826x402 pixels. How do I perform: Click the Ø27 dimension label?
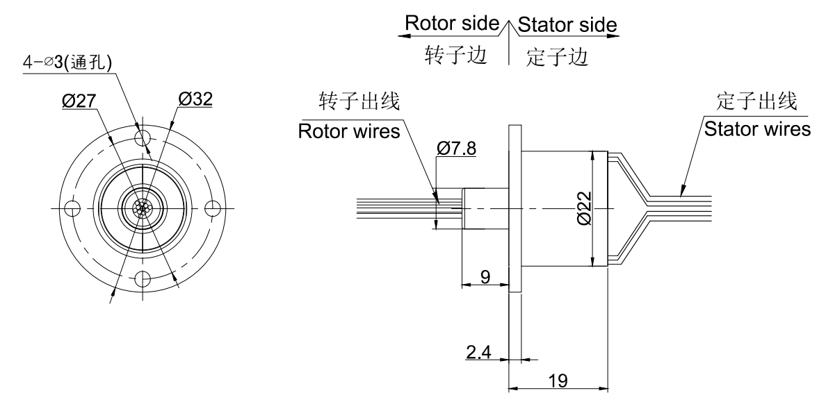79,101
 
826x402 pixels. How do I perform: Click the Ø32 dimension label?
195,99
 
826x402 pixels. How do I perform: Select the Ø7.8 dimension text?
456,149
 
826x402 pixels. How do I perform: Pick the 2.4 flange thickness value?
478,351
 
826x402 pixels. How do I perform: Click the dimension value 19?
558,380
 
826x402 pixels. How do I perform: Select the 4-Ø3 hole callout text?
67,62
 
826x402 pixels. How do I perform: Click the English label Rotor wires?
349,131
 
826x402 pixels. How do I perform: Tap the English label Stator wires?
758,129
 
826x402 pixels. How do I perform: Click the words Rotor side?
452,23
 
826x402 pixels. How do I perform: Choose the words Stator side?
567,25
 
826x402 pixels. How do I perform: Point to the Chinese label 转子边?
456,55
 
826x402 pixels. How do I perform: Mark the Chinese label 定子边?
557,57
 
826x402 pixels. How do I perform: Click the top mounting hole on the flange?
143,138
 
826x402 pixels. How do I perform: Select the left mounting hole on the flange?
73,209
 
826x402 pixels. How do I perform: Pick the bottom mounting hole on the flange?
143,279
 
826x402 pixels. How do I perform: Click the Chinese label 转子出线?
359,101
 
